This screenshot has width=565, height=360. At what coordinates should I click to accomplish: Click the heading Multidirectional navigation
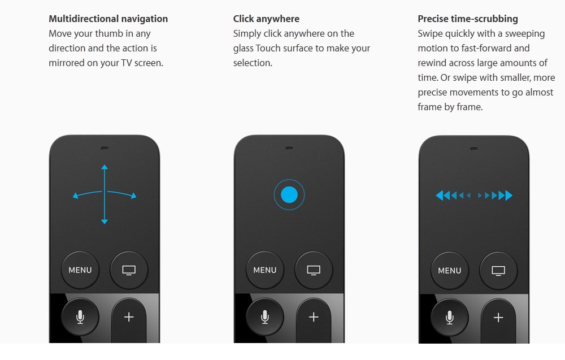(108, 19)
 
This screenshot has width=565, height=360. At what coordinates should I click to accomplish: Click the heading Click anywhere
(266, 19)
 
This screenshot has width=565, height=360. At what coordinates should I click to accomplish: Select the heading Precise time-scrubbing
(468, 19)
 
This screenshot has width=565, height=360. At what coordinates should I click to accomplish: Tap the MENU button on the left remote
(80, 270)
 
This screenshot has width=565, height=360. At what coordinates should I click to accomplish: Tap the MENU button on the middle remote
(265, 270)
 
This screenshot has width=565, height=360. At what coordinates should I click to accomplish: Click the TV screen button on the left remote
(129, 270)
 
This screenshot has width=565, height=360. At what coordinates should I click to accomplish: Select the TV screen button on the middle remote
(314, 270)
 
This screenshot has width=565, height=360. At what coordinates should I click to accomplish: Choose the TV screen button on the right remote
(498, 271)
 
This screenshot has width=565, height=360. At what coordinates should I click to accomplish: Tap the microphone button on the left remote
(80, 316)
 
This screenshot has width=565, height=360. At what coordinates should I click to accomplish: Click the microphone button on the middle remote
(265, 316)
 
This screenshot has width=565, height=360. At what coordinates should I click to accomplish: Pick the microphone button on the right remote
(450, 318)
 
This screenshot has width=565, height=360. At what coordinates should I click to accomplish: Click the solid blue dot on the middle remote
(289, 195)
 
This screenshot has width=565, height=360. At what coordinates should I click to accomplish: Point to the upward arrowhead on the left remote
(105, 167)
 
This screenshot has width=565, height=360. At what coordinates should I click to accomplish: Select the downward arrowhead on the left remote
(105, 222)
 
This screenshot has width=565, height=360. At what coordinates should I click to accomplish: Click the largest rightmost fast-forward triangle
(509, 196)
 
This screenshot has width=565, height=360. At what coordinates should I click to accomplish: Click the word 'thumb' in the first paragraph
(110, 33)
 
